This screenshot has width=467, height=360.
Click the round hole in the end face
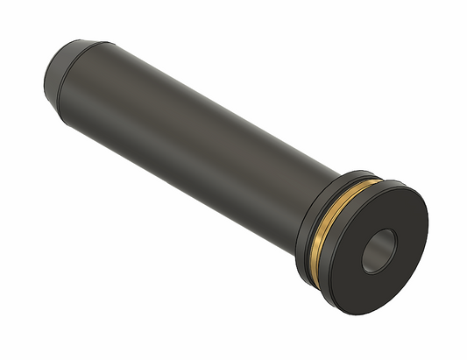coord(382,251)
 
